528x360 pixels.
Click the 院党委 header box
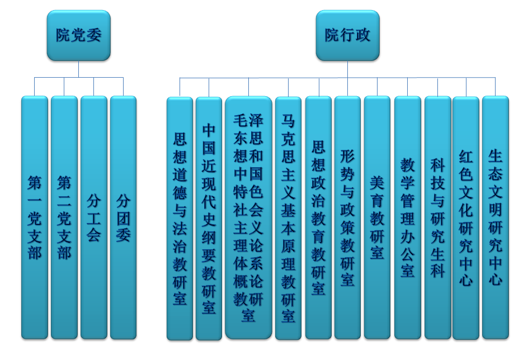pos(78,35)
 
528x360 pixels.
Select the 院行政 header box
pos(347,35)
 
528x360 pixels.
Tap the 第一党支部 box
pos(35,217)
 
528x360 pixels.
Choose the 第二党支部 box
pos(64,217)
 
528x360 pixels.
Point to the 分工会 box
pos(94,217)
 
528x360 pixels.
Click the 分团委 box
pos(123,217)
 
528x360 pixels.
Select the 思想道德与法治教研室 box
pos(180,219)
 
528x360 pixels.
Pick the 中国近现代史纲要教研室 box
pos(209,219)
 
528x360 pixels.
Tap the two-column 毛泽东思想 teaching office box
pos(248,219)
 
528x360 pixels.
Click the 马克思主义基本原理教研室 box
pos(288,219)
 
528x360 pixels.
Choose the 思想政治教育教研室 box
pos(318,217)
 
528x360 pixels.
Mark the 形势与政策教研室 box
pos(347,217)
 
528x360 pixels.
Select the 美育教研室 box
pos(377,217)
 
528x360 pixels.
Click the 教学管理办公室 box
pos(407,217)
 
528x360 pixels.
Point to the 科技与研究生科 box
pos(437,217)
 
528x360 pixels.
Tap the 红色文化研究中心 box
pos(466,217)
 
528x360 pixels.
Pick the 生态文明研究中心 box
pos(496,217)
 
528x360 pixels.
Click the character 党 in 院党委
pos(78,35)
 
